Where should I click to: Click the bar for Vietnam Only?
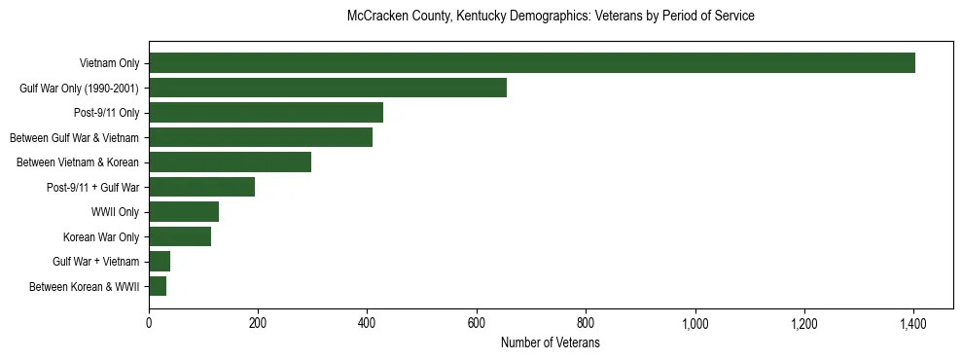[532, 63]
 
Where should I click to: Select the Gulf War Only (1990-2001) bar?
[328, 88]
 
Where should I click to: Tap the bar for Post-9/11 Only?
[266, 113]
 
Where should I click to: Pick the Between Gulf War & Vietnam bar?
[261, 137]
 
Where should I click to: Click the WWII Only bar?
[184, 212]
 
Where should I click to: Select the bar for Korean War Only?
[180, 236]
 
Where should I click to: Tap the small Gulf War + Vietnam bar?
[160, 262]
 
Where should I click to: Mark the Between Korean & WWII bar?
[158, 286]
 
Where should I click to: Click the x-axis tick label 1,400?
[913, 323]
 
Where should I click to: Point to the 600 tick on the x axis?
[477, 323]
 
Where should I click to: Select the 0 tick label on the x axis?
[149, 323]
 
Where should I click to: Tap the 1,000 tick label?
[695, 323]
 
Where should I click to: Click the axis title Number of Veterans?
[550, 342]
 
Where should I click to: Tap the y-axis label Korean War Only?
[101, 236]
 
